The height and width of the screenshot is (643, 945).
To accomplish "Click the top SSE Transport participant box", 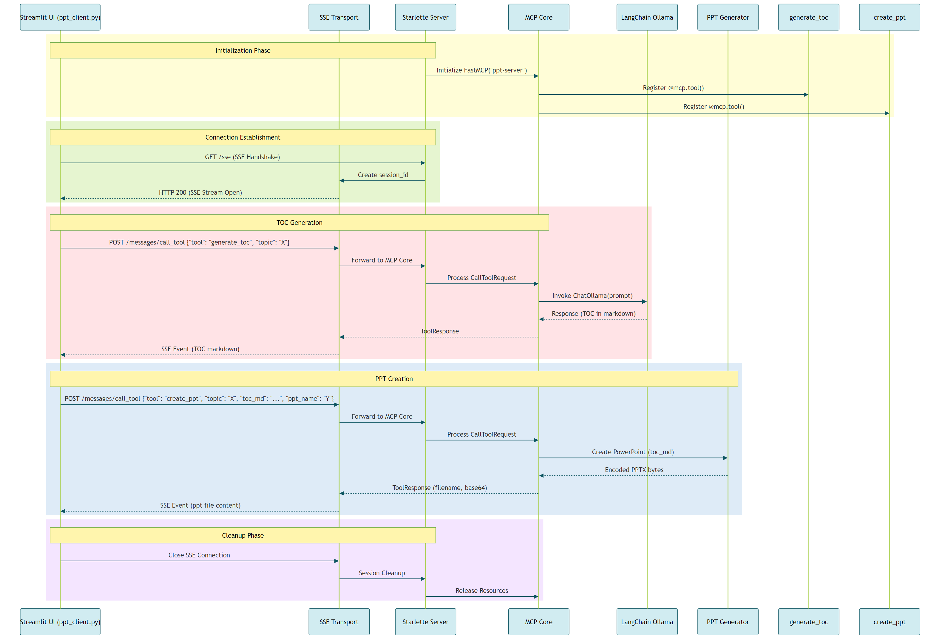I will [x=339, y=17].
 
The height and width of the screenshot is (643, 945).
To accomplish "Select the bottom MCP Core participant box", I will [x=538, y=622].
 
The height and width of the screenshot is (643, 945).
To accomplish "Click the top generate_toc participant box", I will [x=808, y=17].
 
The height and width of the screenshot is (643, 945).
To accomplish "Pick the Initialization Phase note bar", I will [x=243, y=50].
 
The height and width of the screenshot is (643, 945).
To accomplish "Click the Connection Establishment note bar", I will [x=243, y=137].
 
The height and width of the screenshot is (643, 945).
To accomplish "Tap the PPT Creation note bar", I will [x=394, y=379].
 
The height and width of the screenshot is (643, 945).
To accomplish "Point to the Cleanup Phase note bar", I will [x=243, y=535].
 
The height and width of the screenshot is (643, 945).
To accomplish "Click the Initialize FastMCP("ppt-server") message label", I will [x=481, y=70].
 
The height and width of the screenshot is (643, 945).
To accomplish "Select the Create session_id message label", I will [x=383, y=175].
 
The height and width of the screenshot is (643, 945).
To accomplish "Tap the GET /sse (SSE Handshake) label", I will [x=242, y=157].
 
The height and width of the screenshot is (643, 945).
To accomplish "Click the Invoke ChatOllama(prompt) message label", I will [x=592, y=296].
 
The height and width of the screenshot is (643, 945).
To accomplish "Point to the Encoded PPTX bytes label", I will [x=634, y=470].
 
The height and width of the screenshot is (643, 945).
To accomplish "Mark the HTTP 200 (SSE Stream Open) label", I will [x=200, y=192].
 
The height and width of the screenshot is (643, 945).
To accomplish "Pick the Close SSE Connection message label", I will [x=199, y=555].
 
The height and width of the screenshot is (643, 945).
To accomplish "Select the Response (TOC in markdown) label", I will [x=593, y=313].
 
